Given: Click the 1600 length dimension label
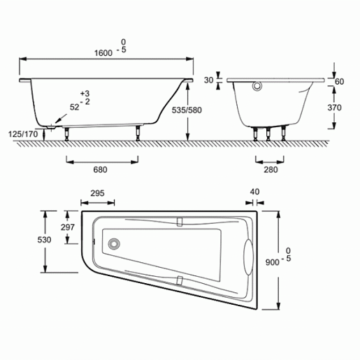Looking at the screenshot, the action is (103, 53).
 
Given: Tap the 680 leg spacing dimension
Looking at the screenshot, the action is (100, 170).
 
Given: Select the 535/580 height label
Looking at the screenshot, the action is (187, 110).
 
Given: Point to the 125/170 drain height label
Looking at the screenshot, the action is (23, 134).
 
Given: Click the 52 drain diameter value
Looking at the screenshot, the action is (75, 107).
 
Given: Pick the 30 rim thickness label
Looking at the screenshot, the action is (208, 80).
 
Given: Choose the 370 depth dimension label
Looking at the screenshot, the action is (334, 108).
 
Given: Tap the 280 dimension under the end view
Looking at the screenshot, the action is (271, 170).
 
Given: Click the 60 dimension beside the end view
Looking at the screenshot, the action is (339, 82).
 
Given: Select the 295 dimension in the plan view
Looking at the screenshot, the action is (97, 193).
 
